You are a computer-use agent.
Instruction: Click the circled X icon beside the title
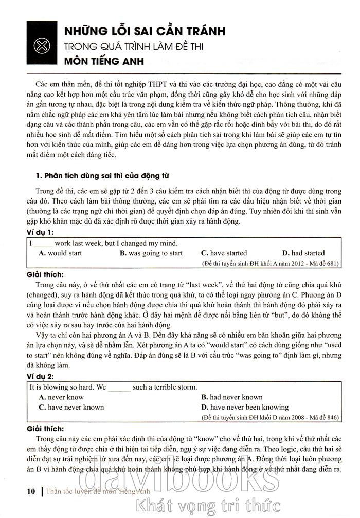point(40,47)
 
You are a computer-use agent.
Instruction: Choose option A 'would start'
point(61,253)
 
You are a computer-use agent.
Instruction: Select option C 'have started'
point(224,253)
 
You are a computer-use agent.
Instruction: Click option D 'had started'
point(304,253)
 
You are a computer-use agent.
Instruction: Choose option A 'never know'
point(61,397)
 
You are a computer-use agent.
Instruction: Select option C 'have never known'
point(71,408)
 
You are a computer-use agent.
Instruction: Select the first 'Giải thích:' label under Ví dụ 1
point(45,274)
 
